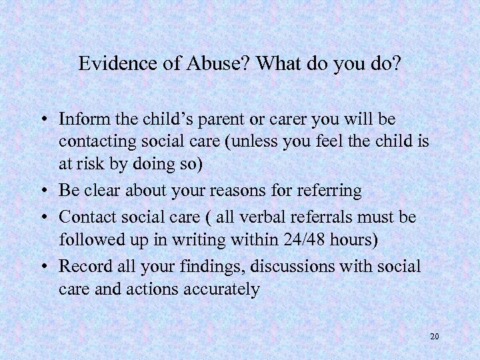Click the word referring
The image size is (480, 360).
click(327, 191)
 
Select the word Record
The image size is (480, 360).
click(83, 266)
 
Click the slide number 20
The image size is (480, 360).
click(434, 337)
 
